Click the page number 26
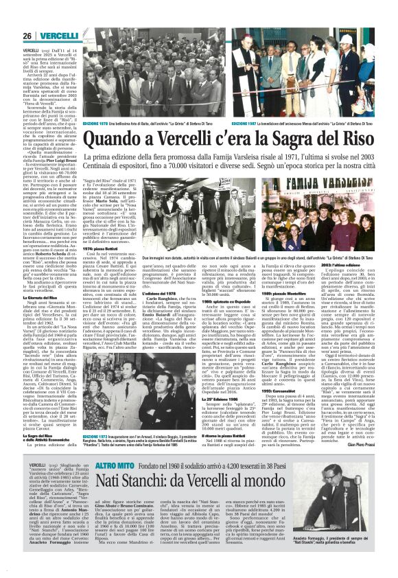click(29, 36)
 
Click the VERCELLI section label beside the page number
click(58, 36)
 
